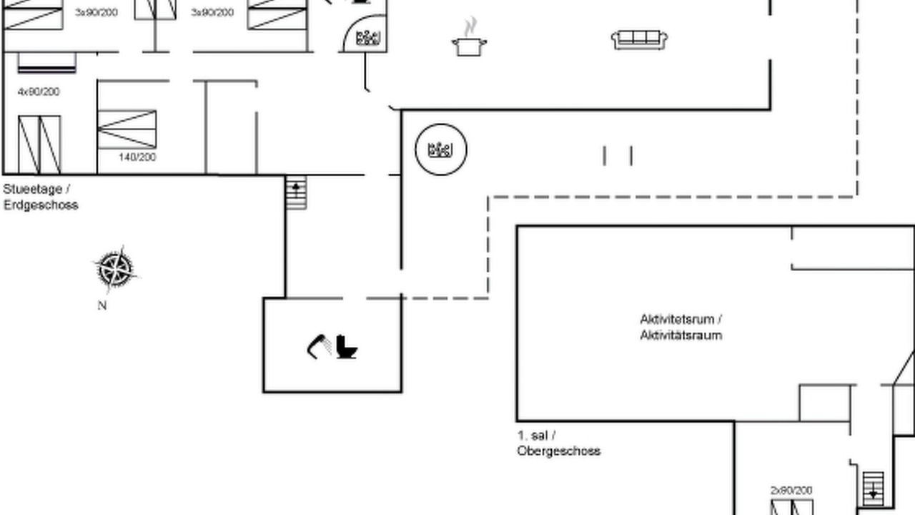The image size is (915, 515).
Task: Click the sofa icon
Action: tap(639, 39)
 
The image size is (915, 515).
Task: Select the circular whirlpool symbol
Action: tap(441, 149)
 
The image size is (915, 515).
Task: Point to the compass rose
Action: tap(116, 270)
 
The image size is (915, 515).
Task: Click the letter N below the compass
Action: tap(102, 305)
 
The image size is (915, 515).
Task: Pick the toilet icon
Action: tap(347, 347)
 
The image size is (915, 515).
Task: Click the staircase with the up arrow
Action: tap(296, 192)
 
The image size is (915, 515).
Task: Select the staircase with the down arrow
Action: tap(873, 490)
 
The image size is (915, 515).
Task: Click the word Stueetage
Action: tap(33, 190)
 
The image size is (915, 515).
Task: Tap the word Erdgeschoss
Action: tap(41, 205)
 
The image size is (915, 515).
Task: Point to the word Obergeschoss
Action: tap(558, 451)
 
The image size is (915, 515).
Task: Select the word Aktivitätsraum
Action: tap(681, 335)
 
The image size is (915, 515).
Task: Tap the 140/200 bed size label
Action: tap(137, 157)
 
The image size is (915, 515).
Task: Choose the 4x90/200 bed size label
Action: tap(39, 92)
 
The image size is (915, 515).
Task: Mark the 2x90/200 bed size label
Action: tap(791, 490)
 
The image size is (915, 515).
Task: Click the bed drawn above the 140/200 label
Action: tap(127, 129)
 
